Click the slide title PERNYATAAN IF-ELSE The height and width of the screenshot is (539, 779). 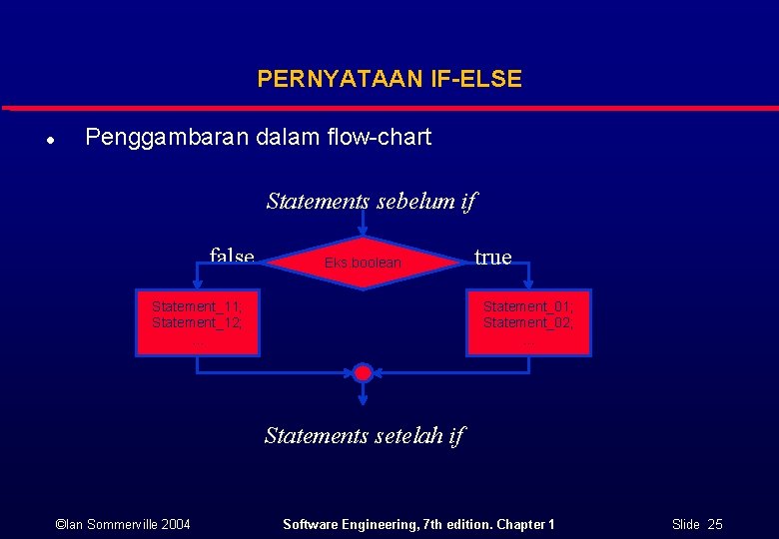click(x=389, y=79)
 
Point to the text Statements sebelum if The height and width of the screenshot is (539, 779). click(x=371, y=202)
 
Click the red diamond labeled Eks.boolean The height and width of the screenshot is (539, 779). click(x=364, y=263)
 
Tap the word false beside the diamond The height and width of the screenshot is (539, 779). click(x=232, y=256)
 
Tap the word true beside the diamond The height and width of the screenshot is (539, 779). click(x=492, y=258)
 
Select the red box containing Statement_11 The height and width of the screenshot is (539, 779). click(x=198, y=322)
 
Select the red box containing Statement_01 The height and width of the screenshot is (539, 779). click(x=528, y=322)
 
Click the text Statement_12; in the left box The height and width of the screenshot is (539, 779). click(x=197, y=323)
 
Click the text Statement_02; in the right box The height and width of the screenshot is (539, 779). click(x=528, y=323)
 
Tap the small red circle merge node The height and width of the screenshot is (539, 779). click(x=364, y=373)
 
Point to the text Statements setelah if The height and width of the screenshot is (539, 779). click(x=364, y=435)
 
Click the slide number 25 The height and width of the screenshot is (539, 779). click(x=714, y=524)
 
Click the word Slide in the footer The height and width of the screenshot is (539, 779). click(x=685, y=524)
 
